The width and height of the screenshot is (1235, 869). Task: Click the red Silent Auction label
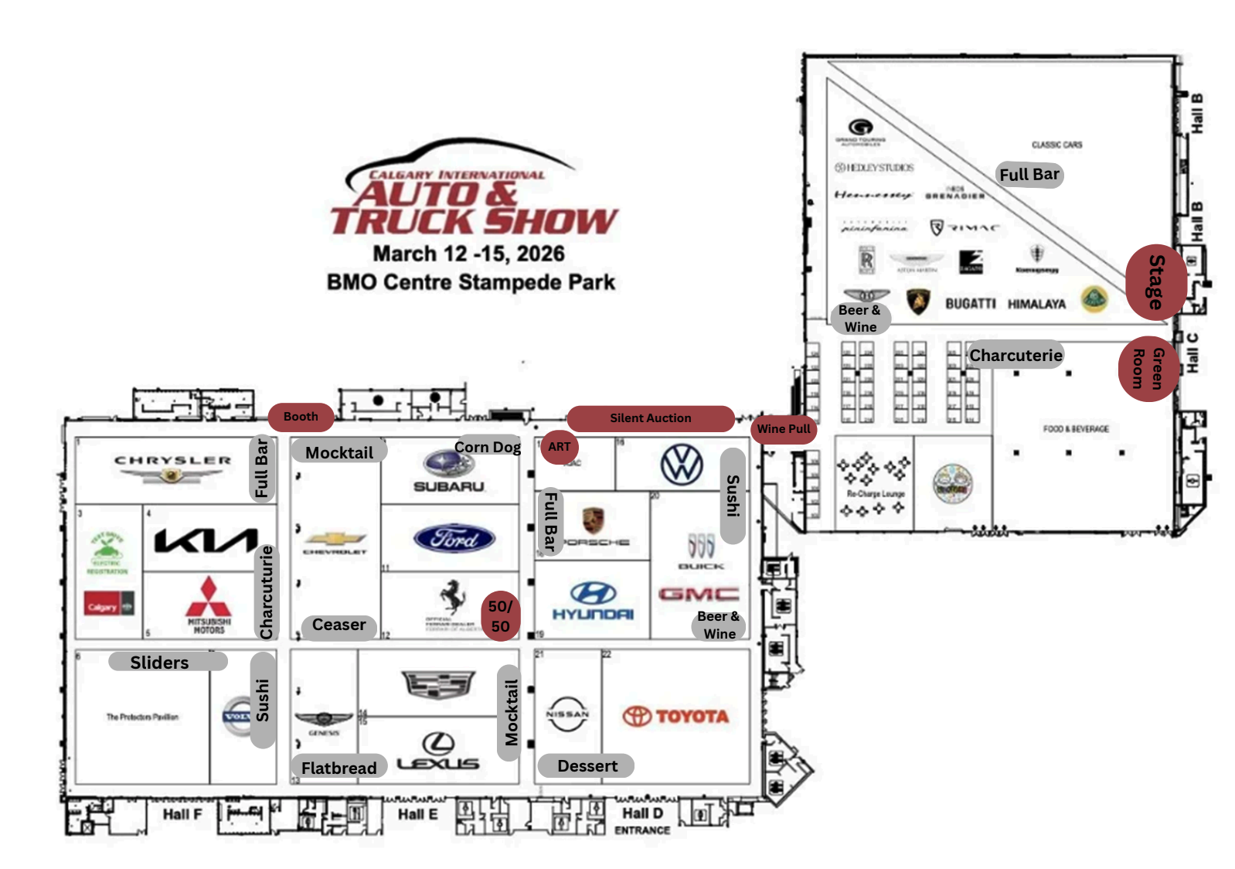(650, 418)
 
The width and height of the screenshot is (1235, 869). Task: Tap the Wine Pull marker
(784, 429)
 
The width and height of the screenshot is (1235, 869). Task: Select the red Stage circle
(1155, 282)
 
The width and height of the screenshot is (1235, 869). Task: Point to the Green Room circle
(1148, 369)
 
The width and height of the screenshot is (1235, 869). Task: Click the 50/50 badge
(501, 616)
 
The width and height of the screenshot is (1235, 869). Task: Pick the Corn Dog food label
(488, 447)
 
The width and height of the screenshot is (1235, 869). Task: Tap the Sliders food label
(160, 662)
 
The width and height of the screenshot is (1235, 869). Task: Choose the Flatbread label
(339, 767)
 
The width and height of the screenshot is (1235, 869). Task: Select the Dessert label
(587, 765)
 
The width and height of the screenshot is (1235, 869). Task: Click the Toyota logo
(676, 717)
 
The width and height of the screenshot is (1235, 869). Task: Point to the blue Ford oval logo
(454, 538)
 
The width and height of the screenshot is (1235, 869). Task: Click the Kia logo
(206, 540)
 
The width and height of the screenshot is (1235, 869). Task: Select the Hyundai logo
(593, 601)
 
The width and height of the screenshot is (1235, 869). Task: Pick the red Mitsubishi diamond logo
(209, 597)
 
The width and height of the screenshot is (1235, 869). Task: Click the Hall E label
(417, 814)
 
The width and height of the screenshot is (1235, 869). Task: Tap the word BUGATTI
(971, 304)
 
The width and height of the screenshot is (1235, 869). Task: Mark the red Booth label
(301, 417)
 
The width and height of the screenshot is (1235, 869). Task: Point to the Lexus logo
(438, 753)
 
